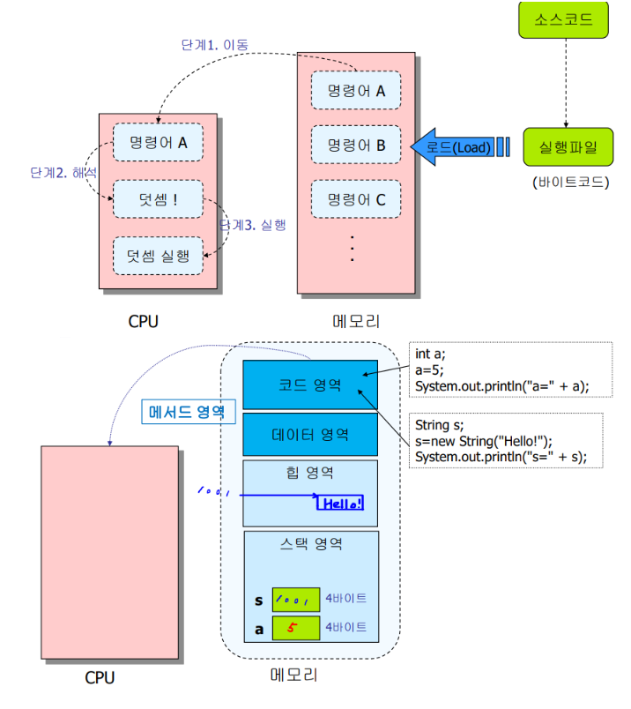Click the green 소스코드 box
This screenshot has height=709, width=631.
(x=563, y=20)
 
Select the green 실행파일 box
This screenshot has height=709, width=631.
(x=568, y=147)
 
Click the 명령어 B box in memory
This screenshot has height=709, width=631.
(x=356, y=145)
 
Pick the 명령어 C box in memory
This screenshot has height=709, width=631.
(x=356, y=199)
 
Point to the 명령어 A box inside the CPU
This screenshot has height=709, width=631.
(x=158, y=143)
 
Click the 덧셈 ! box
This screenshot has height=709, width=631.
(x=158, y=199)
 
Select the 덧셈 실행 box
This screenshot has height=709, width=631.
(x=158, y=256)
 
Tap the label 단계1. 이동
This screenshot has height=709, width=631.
(x=215, y=45)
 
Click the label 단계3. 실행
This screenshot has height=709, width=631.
(x=253, y=225)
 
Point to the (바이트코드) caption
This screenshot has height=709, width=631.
(x=570, y=183)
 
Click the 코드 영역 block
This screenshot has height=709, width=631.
(x=310, y=384)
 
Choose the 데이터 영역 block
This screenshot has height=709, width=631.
(x=310, y=435)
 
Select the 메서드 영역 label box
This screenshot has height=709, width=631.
(x=189, y=412)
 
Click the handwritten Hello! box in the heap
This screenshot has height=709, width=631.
(x=340, y=503)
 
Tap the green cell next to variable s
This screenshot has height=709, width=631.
(x=296, y=600)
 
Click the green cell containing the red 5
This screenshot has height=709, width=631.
(x=296, y=628)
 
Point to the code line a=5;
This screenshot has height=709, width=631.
(x=429, y=370)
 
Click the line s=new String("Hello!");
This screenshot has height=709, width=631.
(x=484, y=441)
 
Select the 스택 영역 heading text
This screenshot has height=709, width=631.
(x=311, y=543)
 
